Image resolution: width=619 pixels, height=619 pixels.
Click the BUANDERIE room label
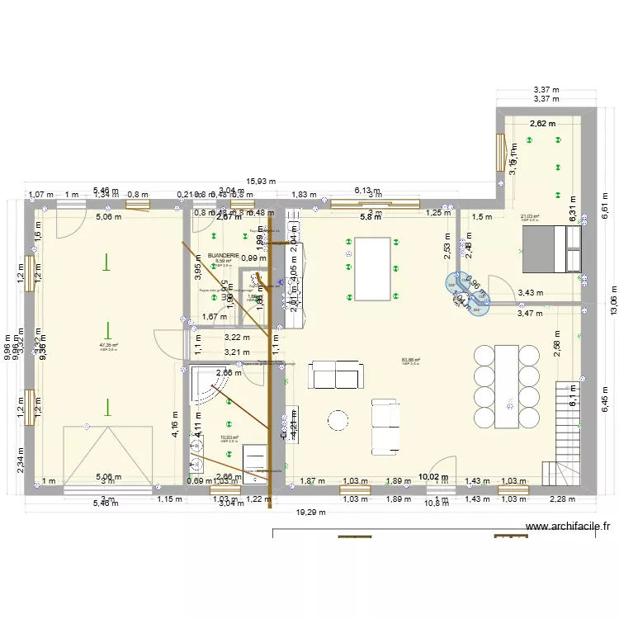click(224, 256)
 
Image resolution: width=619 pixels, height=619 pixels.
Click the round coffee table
click(338, 420)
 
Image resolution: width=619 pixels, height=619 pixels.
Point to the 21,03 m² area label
click(529, 217)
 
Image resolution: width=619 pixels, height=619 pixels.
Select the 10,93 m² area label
click(229, 438)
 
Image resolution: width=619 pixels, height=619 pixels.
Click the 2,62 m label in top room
click(542, 124)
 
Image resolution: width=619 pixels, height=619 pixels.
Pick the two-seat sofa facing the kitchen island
click(336, 375)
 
